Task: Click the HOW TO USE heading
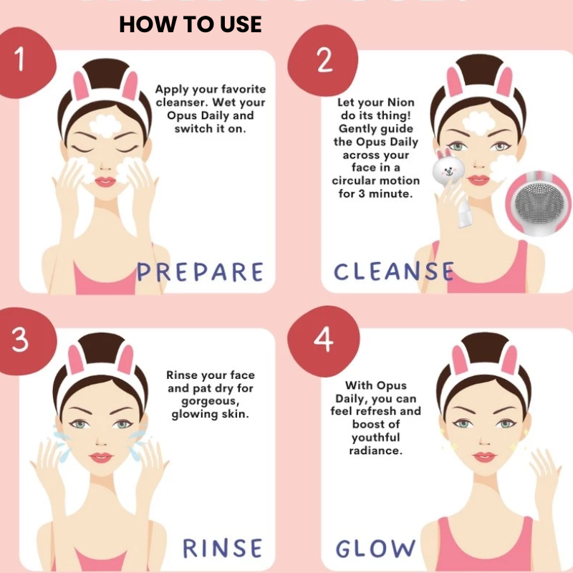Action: pyautogui.click(x=191, y=24)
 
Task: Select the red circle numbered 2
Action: pyautogui.click(x=322, y=61)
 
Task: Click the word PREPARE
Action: pyautogui.click(x=200, y=272)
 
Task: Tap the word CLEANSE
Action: pyautogui.click(x=394, y=271)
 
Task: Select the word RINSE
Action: pyautogui.click(x=222, y=548)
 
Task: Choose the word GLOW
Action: pyautogui.click(x=375, y=548)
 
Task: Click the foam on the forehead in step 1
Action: pyautogui.click(x=105, y=126)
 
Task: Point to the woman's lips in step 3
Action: pyautogui.click(x=101, y=457)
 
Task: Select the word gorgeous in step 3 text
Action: pyautogui.click(x=210, y=402)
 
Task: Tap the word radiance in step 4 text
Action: pyautogui.click(x=375, y=451)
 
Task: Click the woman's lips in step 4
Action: pyautogui.click(x=484, y=456)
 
